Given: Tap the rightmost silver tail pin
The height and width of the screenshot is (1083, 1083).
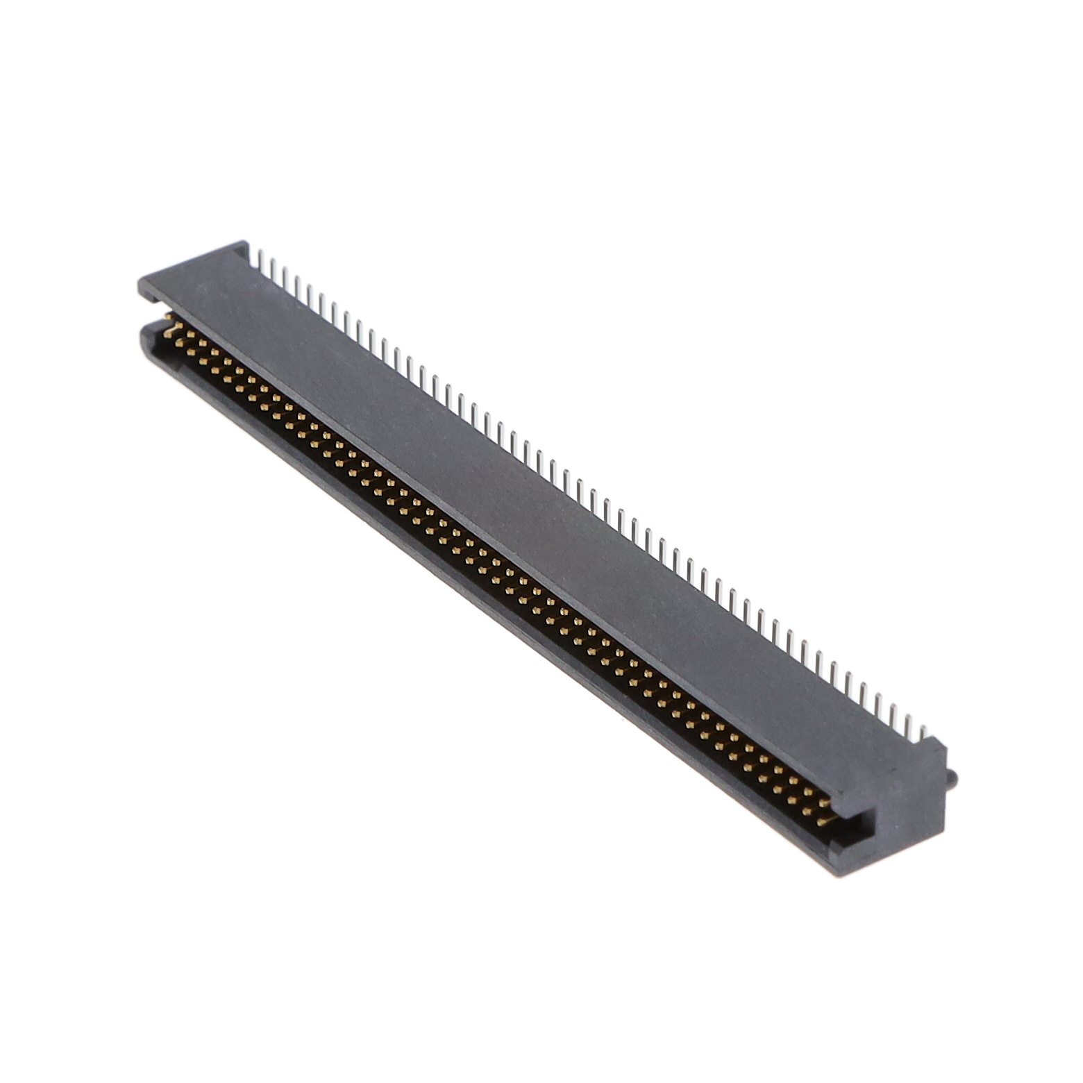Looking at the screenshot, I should click(924, 732).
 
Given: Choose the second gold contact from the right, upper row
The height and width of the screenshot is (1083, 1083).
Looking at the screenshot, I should click(812, 792).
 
